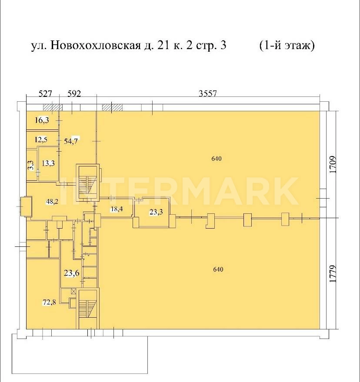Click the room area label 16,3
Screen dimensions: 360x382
(42, 120)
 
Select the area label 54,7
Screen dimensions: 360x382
(71, 141)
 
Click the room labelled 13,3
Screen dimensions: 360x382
(48, 163)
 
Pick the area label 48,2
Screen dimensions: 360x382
(52, 201)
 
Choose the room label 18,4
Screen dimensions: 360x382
(117, 209)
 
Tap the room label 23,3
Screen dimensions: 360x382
(156, 212)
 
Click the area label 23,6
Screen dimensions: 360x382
(72, 273)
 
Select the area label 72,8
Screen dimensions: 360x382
(49, 302)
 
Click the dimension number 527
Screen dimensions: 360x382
(45, 93)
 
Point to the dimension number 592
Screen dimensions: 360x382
(74, 93)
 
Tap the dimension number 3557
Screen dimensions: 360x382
(208, 93)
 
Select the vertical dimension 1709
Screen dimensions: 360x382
(333, 165)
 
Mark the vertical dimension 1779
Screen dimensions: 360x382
(333, 274)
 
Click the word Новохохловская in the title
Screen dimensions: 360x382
(96, 45)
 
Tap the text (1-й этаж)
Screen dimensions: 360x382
(287, 45)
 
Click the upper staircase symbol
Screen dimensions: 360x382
(88, 183)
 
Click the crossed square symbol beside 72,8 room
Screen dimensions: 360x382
(73, 291)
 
